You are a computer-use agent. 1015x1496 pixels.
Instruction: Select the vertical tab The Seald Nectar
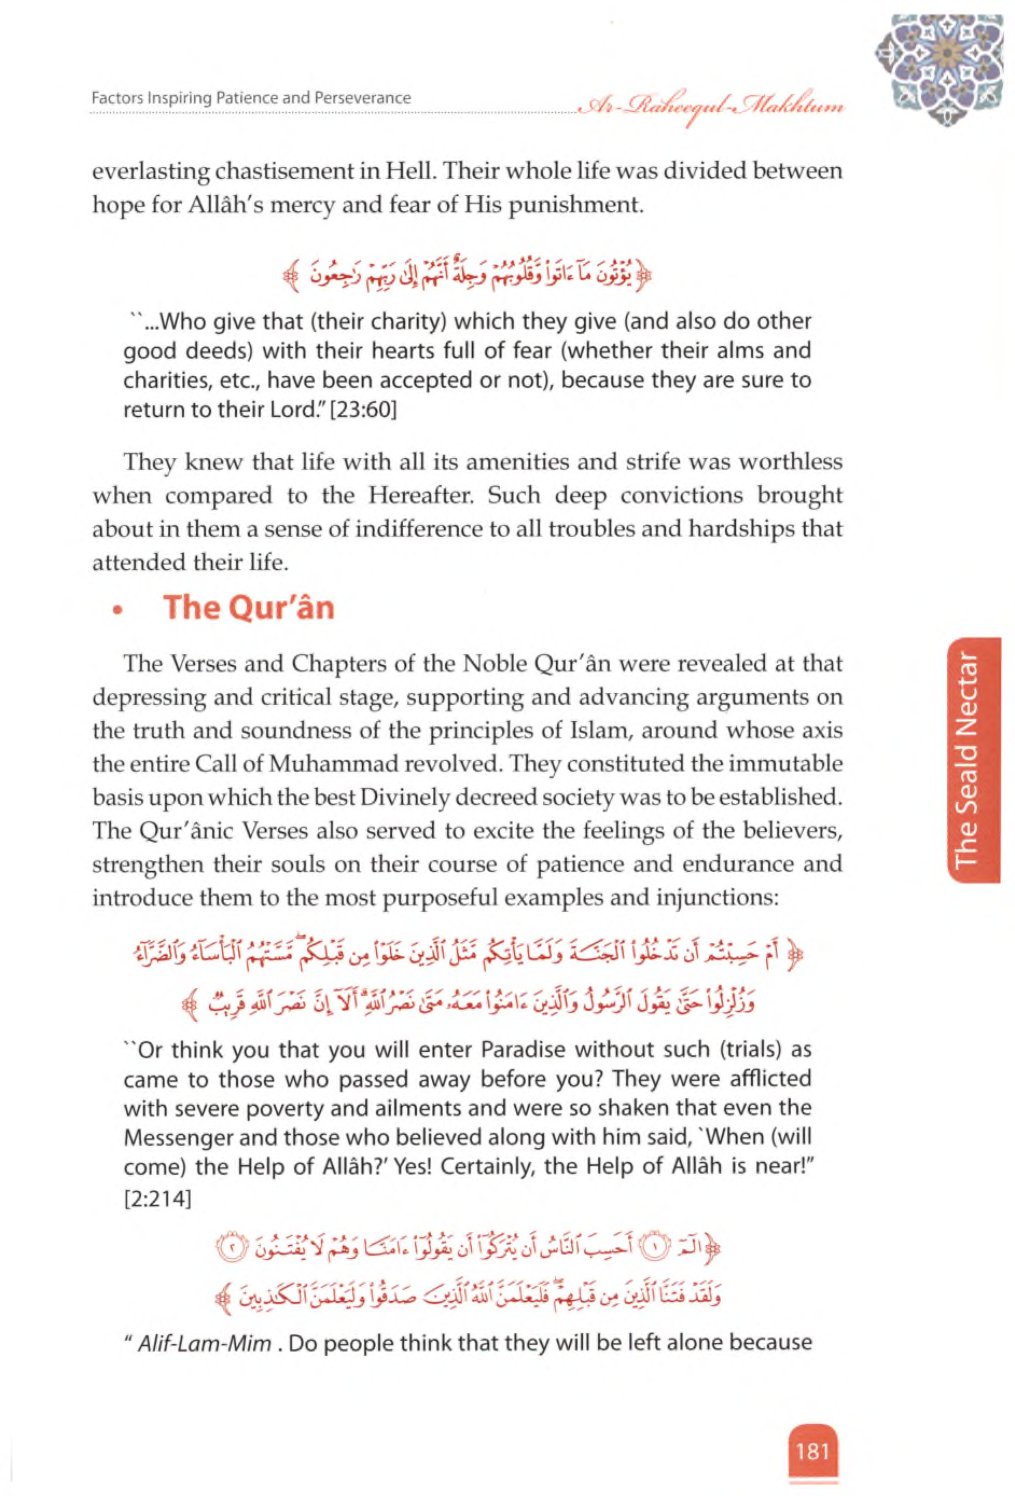972,760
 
